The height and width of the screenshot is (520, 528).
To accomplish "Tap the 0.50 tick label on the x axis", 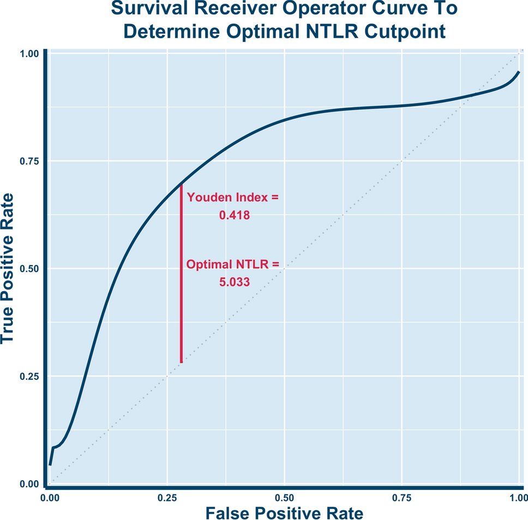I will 284,497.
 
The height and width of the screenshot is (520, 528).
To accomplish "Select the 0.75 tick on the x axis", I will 401,497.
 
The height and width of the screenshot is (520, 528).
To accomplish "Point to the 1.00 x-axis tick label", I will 518,497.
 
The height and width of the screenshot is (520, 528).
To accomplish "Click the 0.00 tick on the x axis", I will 50,497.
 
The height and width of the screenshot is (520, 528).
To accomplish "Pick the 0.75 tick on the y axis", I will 30,161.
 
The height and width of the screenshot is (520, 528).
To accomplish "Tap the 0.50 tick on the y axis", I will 30,269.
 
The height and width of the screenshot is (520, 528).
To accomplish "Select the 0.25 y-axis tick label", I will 30,377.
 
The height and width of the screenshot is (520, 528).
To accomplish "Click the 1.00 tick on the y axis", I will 30,54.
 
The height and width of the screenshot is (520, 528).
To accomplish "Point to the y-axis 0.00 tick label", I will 30,484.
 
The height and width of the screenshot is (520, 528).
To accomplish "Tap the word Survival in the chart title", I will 145,9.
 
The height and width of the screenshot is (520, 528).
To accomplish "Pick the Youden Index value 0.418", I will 234,215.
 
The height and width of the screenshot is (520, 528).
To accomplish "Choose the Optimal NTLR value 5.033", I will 234,282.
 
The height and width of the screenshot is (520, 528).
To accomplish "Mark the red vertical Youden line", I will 181,273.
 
